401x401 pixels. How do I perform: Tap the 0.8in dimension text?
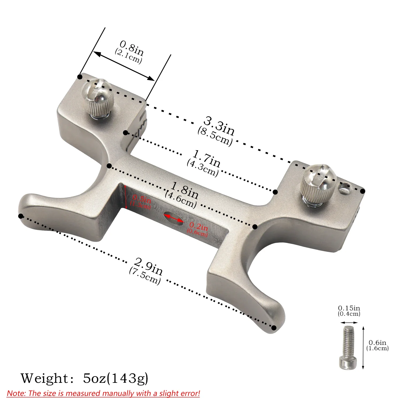132,48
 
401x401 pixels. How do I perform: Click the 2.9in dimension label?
148,266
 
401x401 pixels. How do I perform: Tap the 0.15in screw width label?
349,308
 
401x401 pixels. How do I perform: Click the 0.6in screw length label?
377,342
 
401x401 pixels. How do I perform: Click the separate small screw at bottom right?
349,348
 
